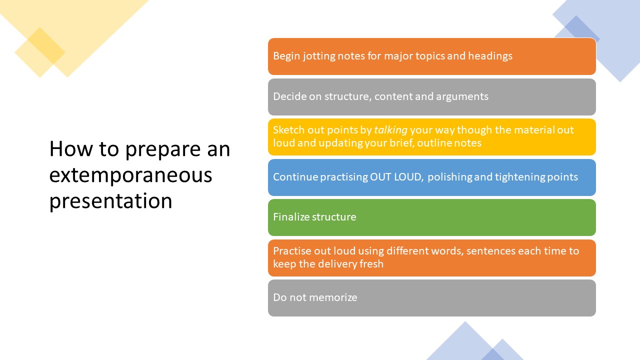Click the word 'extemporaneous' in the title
click(x=130, y=175)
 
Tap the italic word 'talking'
click(x=390, y=130)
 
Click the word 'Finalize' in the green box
click(x=291, y=217)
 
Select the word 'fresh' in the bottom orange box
click(x=371, y=263)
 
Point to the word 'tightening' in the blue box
click(x=519, y=177)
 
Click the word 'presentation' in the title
click(x=110, y=201)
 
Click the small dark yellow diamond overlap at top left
click(x=46, y=45)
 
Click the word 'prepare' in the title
click(x=163, y=149)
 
